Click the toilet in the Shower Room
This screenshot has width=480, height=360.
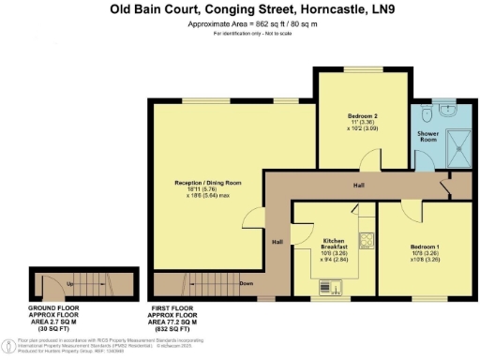pyautogui.click(x=426, y=114)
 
